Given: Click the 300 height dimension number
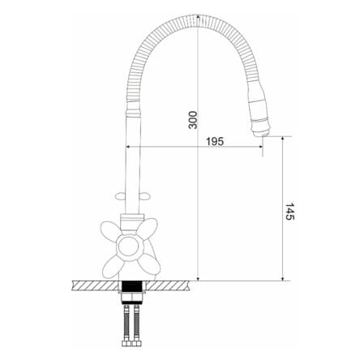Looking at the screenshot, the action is pyautogui.click(x=193, y=120).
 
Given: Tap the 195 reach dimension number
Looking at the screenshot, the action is pyautogui.click(x=215, y=141).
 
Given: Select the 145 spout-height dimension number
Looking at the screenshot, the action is pyautogui.click(x=289, y=212).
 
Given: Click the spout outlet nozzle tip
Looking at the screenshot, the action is pyautogui.click(x=262, y=133).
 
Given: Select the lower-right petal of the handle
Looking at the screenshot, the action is pyautogui.click(x=149, y=264).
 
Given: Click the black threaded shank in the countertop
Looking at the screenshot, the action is pyautogui.click(x=132, y=286).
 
